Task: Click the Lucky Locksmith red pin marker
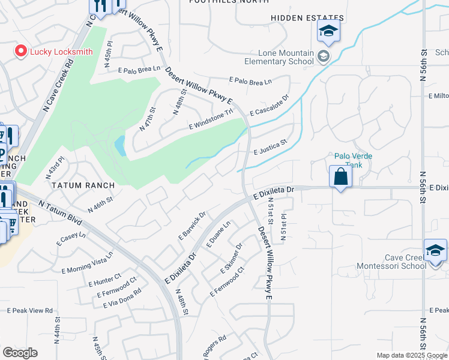(21, 52)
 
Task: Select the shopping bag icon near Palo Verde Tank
(340, 177)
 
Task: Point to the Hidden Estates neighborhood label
(307, 18)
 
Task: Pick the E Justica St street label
(271, 147)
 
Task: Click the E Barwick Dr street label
(192, 226)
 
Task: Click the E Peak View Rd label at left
(30, 311)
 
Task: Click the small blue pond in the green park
(119, 145)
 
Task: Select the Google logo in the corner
(20, 353)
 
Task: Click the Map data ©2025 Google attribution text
(411, 355)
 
